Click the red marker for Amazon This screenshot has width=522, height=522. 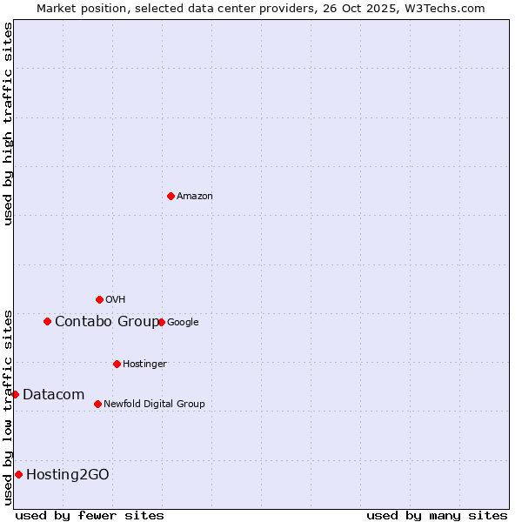(x=171, y=196)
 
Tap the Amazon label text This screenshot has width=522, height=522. (x=195, y=197)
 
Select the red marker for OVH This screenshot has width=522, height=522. (x=99, y=299)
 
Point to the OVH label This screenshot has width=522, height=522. (x=116, y=300)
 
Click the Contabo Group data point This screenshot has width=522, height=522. (x=47, y=321)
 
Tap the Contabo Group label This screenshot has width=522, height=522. (x=107, y=322)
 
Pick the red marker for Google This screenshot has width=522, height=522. (x=161, y=322)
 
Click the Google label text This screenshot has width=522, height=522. (x=183, y=323)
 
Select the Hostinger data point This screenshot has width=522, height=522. (x=117, y=364)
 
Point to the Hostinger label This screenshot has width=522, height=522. (x=144, y=364)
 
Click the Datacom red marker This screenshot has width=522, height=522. (x=15, y=394)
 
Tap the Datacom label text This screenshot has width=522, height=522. (x=53, y=395)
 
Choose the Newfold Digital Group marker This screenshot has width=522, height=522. (x=97, y=404)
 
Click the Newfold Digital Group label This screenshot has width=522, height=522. (x=154, y=404)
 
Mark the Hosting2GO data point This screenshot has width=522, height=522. (x=18, y=474)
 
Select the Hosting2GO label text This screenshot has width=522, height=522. (x=68, y=475)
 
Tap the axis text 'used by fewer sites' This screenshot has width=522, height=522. (x=90, y=515)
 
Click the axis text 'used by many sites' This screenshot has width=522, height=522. (x=437, y=515)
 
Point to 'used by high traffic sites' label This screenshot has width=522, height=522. (x=8, y=124)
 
